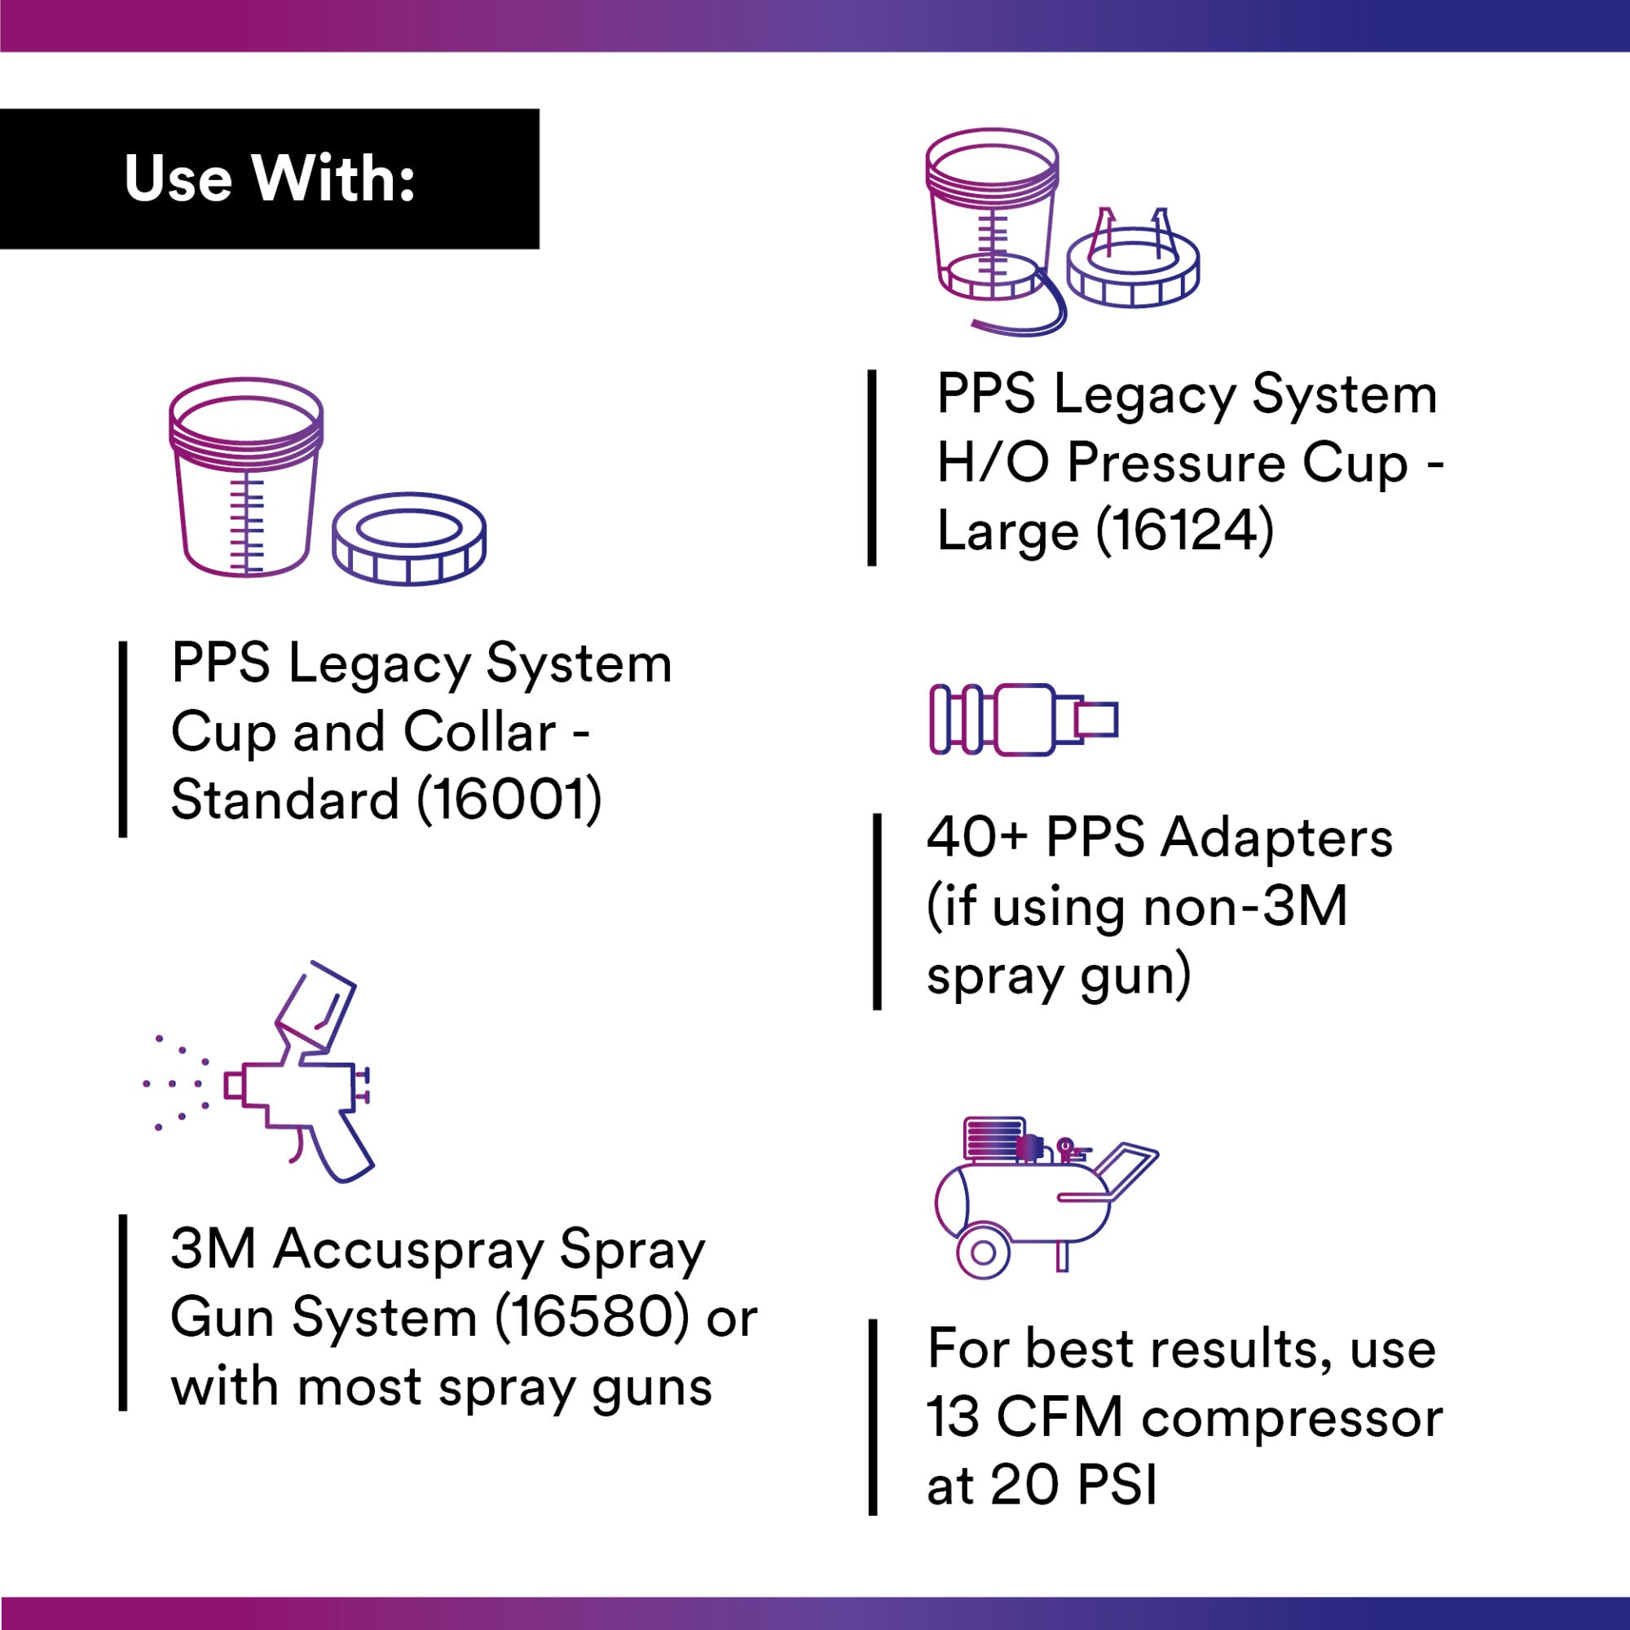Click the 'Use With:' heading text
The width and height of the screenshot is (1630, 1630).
coord(270,178)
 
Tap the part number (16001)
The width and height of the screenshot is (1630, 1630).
coord(509,800)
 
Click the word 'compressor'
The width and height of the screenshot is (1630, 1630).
coord(1292,1419)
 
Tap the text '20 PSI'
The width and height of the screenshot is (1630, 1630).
coord(1073,1487)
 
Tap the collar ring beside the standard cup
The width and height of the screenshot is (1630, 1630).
coord(409,538)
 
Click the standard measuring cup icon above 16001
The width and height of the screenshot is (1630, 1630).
coord(245,478)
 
